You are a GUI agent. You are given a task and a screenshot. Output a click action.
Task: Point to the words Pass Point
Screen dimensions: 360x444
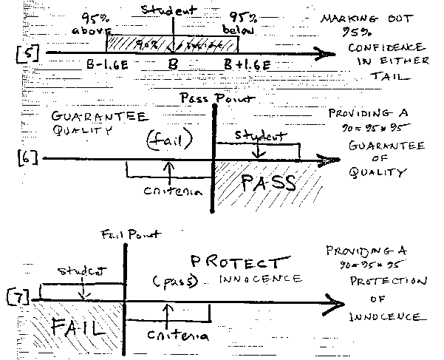(x=210, y=98)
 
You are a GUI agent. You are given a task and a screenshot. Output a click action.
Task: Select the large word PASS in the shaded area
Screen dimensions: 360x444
(x=267, y=182)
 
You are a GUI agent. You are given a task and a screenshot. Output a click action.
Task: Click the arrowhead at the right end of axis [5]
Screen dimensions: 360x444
(x=324, y=53)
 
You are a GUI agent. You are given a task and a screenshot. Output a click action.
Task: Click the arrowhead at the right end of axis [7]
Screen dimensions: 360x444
(x=337, y=302)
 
